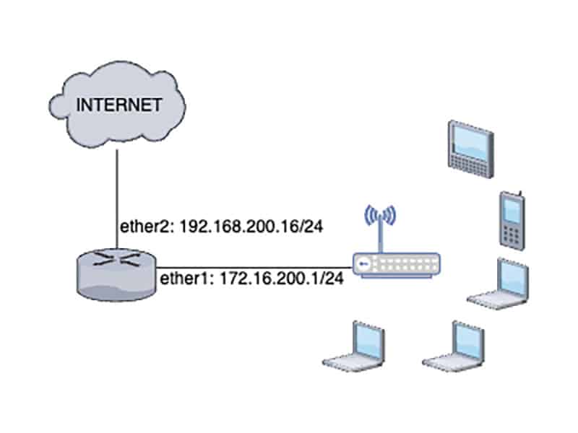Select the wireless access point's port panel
click(405, 264)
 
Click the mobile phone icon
click(512, 219)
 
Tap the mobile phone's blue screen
click(512, 210)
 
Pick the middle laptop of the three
click(456, 346)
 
